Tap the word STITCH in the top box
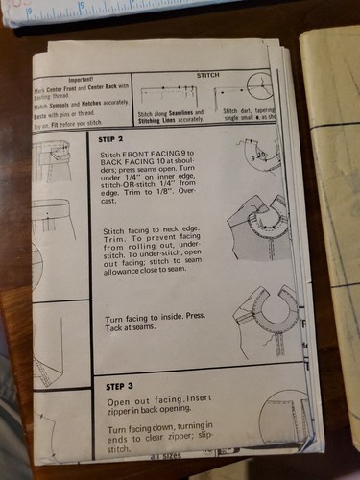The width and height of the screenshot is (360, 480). click(x=207, y=73)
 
